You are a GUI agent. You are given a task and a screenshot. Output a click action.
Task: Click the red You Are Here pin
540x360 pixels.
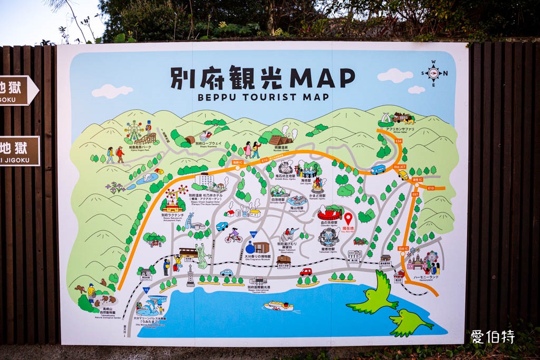[x=348, y=218]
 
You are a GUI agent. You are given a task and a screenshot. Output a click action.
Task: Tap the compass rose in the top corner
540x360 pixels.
[x=433, y=73]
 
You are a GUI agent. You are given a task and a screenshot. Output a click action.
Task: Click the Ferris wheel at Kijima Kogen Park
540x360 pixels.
[x=134, y=130]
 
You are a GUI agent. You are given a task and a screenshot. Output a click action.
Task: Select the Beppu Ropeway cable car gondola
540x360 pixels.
[x=206, y=135]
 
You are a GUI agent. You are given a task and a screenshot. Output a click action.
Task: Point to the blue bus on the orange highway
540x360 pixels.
[x=378, y=169]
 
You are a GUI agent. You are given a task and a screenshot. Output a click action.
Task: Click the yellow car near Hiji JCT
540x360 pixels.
[x=403, y=174]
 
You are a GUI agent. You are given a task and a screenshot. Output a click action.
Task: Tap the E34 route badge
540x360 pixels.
[x=398, y=141]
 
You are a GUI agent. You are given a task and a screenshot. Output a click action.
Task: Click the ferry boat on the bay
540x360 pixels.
[x=278, y=306]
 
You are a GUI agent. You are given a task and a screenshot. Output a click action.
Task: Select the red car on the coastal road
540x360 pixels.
[x=306, y=272]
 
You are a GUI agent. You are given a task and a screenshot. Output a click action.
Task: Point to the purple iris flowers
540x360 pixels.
[x=116, y=187]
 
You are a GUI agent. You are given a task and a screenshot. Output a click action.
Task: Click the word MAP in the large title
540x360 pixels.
[x=322, y=78]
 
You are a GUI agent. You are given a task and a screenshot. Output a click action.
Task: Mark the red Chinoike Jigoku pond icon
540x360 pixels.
[x=330, y=213]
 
